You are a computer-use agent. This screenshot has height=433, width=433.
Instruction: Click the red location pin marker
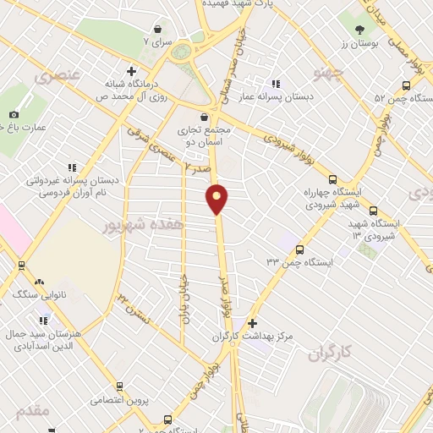pyautogui.click(x=217, y=198)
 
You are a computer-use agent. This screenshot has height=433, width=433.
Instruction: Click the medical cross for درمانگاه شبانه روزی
pyautogui.click(x=130, y=71)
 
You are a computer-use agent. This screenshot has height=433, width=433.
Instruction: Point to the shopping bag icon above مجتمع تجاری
pyautogui.click(x=203, y=118)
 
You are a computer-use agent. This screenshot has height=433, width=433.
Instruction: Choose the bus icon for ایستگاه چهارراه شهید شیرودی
pyautogui.click(x=332, y=179)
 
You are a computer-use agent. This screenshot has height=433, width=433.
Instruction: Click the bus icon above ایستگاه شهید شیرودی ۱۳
pyautogui.click(x=373, y=212)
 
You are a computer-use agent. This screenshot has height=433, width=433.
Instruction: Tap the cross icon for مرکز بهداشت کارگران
pyautogui.click(x=251, y=323)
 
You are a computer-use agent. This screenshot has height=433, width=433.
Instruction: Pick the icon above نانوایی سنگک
pyautogui.click(x=39, y=282)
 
